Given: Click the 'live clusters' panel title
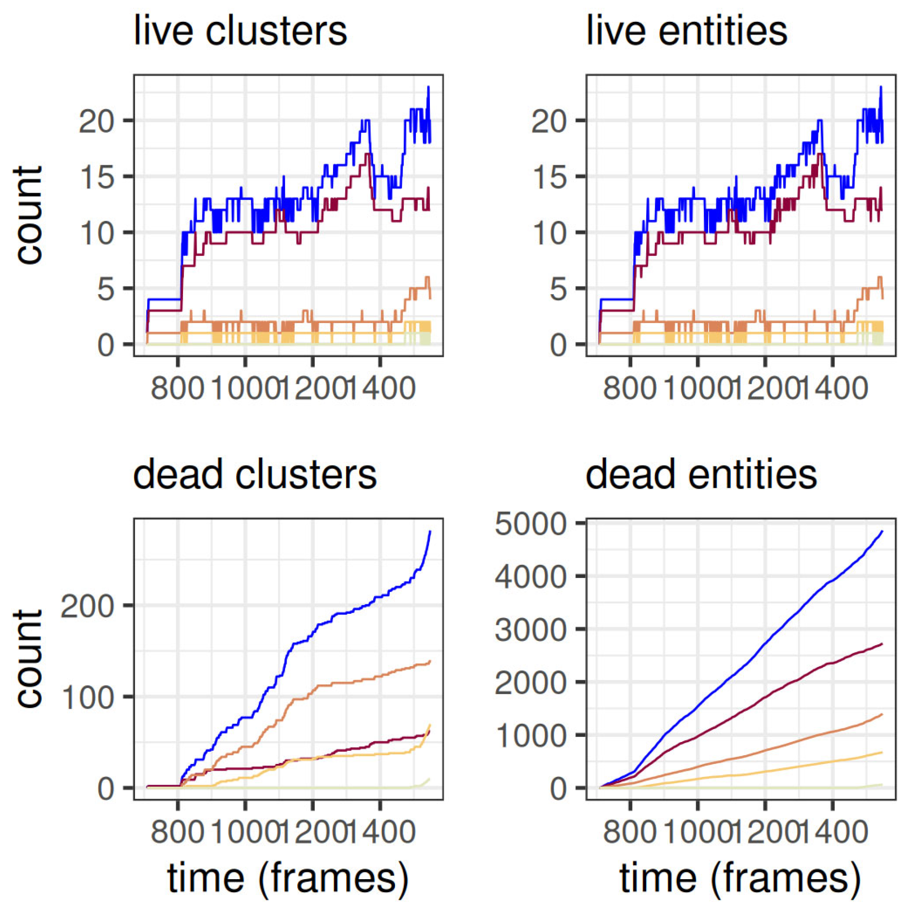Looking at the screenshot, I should pos(240,31).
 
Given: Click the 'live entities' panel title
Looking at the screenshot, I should pos(686,31).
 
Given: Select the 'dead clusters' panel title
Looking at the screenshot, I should pos(255,475).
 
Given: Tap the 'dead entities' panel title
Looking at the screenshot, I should pos(701,475).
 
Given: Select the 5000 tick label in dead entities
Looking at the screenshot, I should pos(531,524).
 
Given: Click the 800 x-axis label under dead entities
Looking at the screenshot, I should pos(630,832).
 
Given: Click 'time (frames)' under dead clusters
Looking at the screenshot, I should pos(288,878).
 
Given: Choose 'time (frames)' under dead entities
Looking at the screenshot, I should pos(740,878).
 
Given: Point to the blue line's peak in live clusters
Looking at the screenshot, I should pos(428,88).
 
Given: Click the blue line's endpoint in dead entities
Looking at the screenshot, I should pos(882,531).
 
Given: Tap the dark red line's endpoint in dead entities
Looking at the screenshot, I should pos(882,644).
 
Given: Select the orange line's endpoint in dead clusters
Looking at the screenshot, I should pos(430,661).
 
